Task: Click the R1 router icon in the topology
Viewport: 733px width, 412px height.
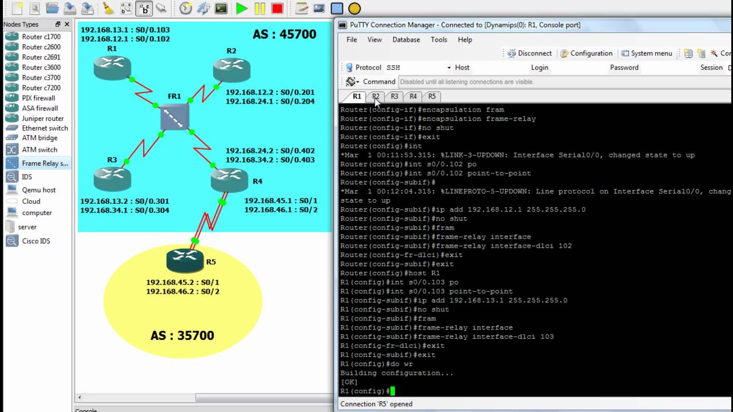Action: point(112,68)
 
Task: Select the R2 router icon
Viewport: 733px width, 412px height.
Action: point(231,70)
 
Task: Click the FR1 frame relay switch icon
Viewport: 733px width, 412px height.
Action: point(175,117)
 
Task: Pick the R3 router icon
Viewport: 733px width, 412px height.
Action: point(112,178)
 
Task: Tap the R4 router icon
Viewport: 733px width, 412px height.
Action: point(229,180)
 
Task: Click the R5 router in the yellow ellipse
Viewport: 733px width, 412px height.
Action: point(185,260)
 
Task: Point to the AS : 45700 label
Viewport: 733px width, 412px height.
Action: point(284,34)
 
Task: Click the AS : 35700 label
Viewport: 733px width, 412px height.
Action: point(182,335)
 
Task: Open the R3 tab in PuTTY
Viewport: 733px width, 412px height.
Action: point(394,96)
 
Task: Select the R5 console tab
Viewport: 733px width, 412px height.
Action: point(432,96)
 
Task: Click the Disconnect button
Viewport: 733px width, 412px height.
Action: point(530,53)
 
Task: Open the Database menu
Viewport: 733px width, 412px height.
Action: point(406,39)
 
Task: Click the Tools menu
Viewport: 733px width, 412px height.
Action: point(439,39)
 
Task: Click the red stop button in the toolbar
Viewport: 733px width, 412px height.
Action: point(277,9)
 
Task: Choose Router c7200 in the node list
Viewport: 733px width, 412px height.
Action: point(41,88)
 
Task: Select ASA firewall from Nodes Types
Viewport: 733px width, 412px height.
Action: point(40,108)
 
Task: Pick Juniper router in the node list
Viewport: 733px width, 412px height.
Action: point(42,118)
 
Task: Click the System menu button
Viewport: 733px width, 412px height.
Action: point(647,53)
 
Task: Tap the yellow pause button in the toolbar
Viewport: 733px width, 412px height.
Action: point(259,9)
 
